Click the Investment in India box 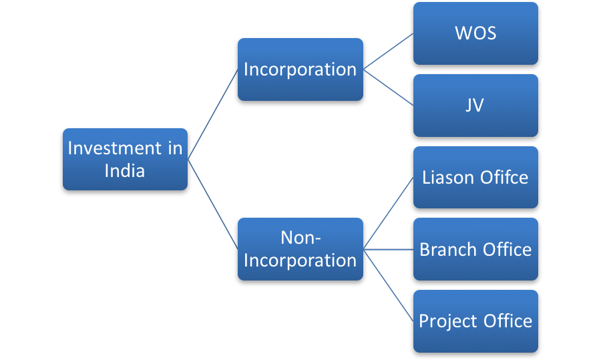pyautogui.click(x=125, y=159)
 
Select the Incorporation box pyautogui.click(x=300, y=69)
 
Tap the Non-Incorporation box pyautogui.click(x=300, y=248)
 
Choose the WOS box pyautogui.click(x=475, y=33)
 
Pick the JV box pyautogui.click(x=475, y=106)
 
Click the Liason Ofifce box pyautogui.click(x=475, y=177)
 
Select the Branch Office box pyautogui.click(x=475, y=249)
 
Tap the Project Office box pyautogui.click(x=475, y=321)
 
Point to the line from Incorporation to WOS pyautogui.click(x=388, y=51)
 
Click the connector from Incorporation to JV pyautogui.click(x=388, y=87)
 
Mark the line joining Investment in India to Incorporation pyautogui.click(x=213, y=114)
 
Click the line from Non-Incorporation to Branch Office pyautogui.click(x=388, y=249)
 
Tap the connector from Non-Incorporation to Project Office pyautogui.click(x=388, y=285)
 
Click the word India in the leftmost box pyautogui.click(x=125, y=170)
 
